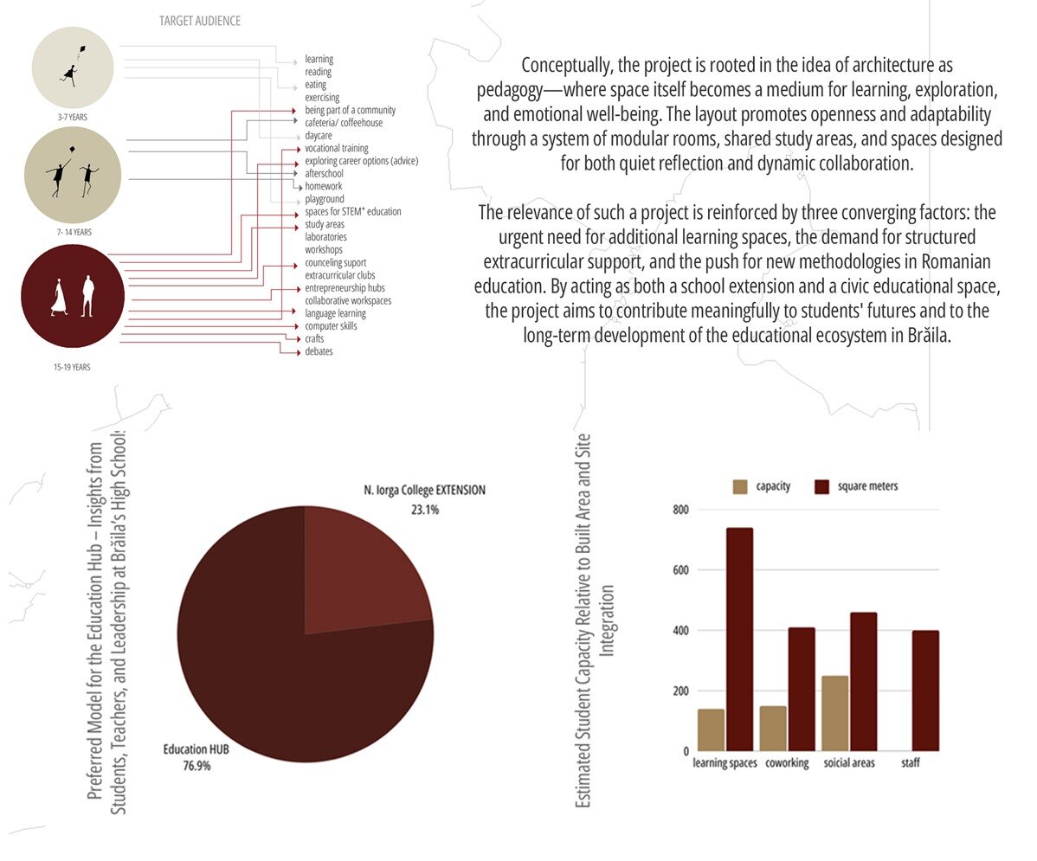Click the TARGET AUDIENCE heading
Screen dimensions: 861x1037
[x=200, y=20]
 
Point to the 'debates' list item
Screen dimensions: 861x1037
[x=319, y=352]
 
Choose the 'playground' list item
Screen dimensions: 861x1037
[x=325, y=199]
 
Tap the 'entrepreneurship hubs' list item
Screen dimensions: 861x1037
[x=345, y=288]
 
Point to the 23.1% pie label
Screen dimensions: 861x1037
[x=425, y=511]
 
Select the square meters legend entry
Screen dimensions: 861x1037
[x=867, y=486]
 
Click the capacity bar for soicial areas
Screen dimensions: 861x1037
[x=834, y=713]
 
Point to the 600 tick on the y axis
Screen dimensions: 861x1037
[x=681, y=570]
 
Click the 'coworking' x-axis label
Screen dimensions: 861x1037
[x=787, y=763]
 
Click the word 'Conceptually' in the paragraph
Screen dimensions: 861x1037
[x=564, y=66]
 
